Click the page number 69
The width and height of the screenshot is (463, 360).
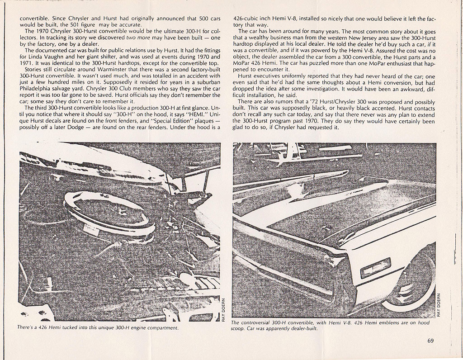click(x=430, y=341)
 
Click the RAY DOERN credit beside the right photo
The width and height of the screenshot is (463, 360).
click(x=438, y=305)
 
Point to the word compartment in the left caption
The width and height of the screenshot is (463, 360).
click(x=159, y=328)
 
